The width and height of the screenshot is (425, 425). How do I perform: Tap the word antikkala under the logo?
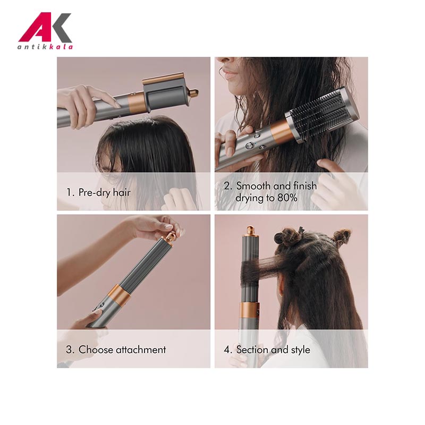click(x=45, y=47)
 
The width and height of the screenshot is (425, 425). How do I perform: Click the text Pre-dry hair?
click(x=105, y=192)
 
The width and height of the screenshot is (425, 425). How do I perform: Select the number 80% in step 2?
click(x=287, y=198)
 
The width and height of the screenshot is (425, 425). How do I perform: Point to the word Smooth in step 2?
click(x=253, y=186)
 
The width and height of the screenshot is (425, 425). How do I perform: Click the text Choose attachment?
click(x=122, y=350)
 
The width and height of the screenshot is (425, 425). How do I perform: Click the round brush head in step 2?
click(x=322, y=115)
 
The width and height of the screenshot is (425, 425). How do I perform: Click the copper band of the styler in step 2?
click(x=280, y=131)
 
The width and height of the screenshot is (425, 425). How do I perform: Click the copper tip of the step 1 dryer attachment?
click(x=193, y=93)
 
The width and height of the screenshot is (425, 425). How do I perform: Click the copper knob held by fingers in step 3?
click(x=170, y=237)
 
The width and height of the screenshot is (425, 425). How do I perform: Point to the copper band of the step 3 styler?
click(x=120, y=295)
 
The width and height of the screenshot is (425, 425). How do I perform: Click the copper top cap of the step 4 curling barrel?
click(x=250, y=231)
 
